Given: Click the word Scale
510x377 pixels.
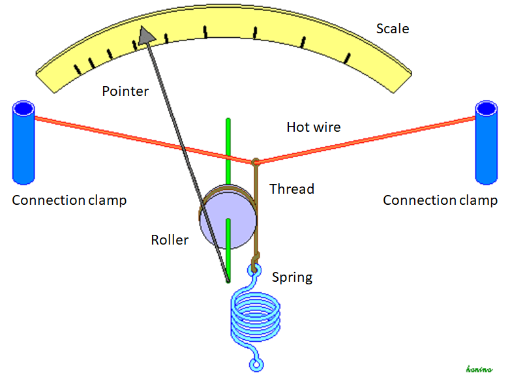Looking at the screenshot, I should (393, 29).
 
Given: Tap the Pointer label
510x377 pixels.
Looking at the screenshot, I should (125, 91).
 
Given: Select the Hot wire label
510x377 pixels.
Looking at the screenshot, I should (313, 127).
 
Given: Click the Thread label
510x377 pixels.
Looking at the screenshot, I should (292, 189).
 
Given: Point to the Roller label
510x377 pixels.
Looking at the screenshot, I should (170, 240).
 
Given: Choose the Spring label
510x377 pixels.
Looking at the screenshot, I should (292, 277).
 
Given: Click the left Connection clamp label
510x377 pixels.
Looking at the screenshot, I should (69, 200).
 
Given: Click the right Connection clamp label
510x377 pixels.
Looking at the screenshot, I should (440, 200).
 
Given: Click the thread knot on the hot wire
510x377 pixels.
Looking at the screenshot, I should (256, 160).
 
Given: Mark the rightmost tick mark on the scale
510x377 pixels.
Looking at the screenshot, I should (348, 57).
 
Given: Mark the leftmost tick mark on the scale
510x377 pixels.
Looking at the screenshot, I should (78, 67).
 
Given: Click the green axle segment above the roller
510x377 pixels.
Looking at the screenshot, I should (228, 140).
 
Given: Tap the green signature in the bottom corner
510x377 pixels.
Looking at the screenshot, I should (480, 368).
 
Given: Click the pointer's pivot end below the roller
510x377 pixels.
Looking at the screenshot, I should (228, 281).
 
